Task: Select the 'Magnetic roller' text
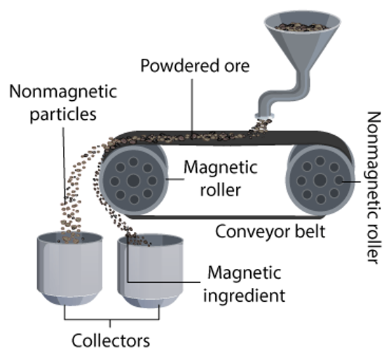(220, 178)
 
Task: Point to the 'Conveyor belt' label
(270, 231)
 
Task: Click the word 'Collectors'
(111, 341)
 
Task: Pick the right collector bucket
(150, 273)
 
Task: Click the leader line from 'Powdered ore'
(191, 105)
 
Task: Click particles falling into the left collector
(70, 217)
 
